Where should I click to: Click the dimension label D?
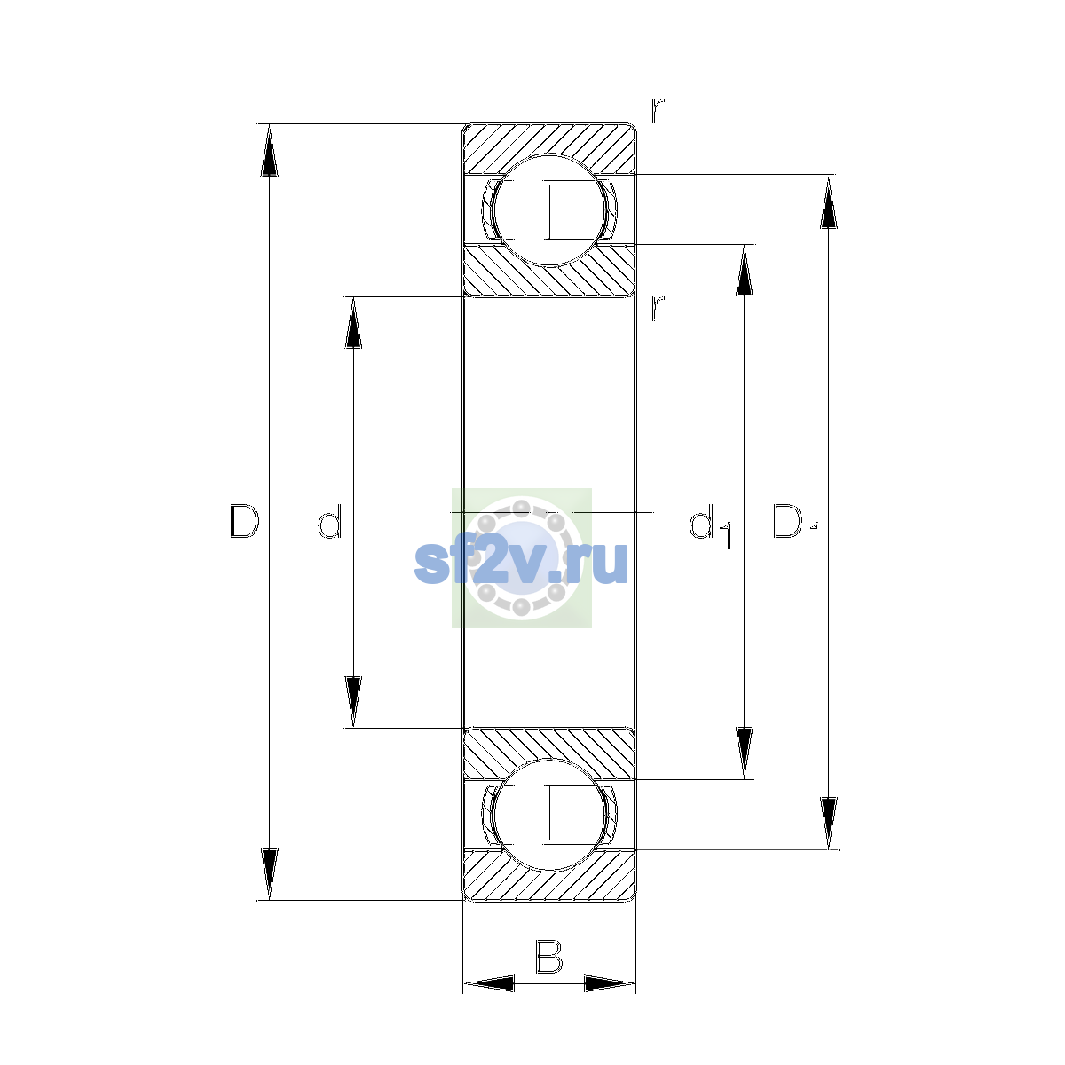pyautogui.click(x=244, y=521)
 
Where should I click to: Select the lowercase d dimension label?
pyautogui.click(x=330, y=521)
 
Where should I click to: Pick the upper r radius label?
pyautogui.click(x=657, y=110)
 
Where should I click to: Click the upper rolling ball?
pyautogui.click(x=548, y=210)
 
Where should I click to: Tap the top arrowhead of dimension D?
pyautogui.click(x=269, y=149)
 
